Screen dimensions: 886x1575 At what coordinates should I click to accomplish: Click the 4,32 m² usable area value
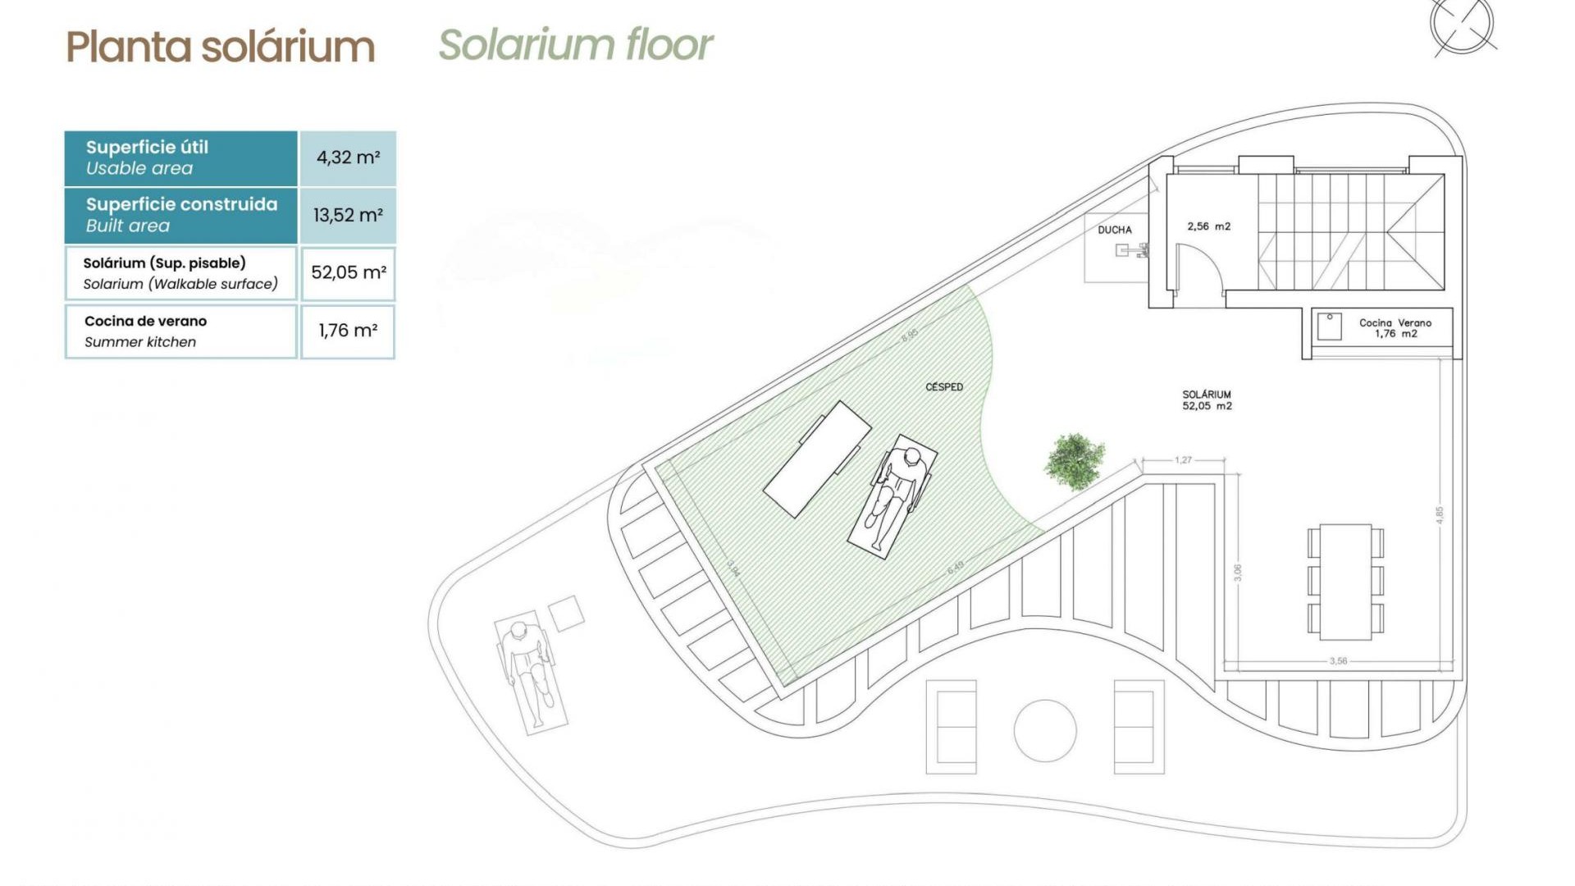[x=348, y=158]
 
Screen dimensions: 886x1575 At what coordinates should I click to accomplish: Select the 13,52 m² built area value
[x=348, y=216]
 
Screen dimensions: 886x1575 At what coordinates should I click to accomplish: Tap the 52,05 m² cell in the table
[x=348, y=272]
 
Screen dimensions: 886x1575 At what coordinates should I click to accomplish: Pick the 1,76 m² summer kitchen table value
[x=348, y=331]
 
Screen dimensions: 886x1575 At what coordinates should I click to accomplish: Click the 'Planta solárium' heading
[x=220, y=47]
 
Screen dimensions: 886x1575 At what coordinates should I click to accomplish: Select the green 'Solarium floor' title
[x=575, y=45]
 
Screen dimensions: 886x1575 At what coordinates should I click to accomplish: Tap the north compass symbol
[x=1462, y=26]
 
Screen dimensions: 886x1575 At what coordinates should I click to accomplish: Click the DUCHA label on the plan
[x=1114, y=230]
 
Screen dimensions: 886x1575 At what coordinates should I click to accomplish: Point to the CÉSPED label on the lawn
[x=943, y=387]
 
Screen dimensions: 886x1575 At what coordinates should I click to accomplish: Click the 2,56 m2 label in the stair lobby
[x=1208, y=226]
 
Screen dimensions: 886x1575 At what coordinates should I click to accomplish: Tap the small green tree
[x=1074, y=461]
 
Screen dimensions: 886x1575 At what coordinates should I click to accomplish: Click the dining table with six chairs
[x=1345, y=582]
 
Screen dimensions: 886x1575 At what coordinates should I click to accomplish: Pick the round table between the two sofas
[x=1044, y=730]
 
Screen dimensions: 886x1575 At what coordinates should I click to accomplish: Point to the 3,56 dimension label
[x=1338, y=660]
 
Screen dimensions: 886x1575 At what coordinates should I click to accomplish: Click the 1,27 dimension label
[x=1183, y=460]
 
